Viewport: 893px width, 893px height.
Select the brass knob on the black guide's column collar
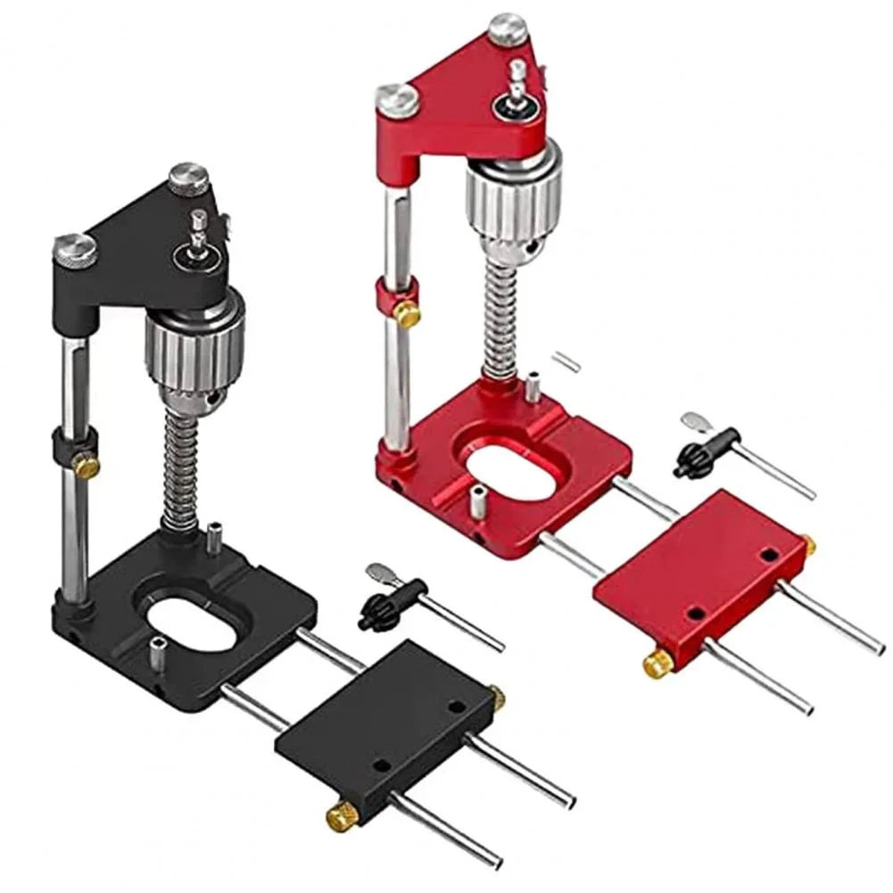[87, 465]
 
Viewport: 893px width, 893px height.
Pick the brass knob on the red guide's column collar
[408, 314]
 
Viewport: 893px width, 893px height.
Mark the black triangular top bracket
[152, 236]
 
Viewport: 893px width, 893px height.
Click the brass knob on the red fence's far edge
[808, 543]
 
